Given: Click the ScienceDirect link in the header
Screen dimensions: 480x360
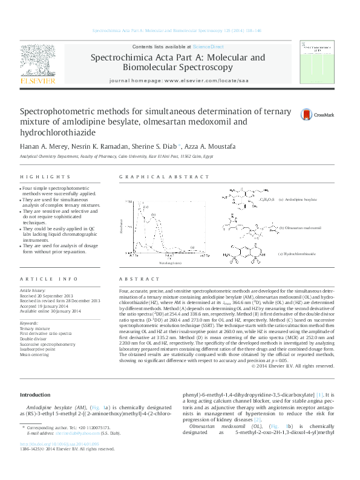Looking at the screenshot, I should pos(208,47).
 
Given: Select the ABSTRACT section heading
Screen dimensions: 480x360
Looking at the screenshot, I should pos(135,279).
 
